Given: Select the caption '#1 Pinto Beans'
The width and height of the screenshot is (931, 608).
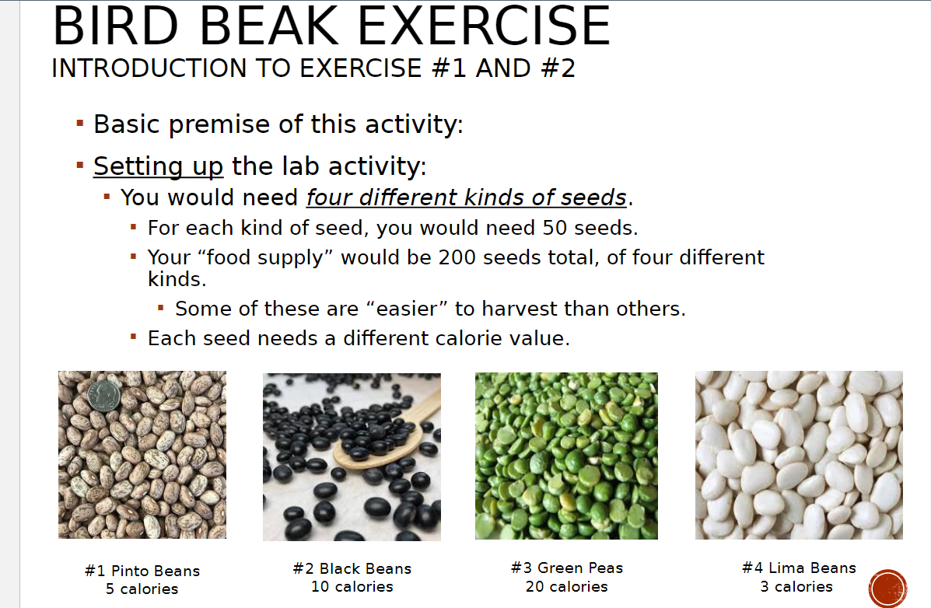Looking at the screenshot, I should [x=142, y=571].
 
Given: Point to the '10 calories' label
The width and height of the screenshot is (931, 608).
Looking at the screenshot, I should [x=352, y=587].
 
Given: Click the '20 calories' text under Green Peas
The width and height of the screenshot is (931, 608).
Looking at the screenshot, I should [x=567, y=587].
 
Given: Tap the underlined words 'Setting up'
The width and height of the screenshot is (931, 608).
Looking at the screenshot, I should [x=159, y=166].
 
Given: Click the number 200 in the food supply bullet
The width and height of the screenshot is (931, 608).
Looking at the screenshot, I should [x=464, y=257].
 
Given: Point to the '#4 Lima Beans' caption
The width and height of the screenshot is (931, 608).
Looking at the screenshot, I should [x=799, y=568].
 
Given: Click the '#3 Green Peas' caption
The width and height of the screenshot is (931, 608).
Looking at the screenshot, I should [x=567, y=568].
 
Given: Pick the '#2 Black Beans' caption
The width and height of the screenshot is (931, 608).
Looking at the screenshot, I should [x=352, y=568].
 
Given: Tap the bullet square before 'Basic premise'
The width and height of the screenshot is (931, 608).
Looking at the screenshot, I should [x=79, y=123].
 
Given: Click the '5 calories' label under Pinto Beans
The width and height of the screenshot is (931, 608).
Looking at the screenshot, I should [x=142, y=589].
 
